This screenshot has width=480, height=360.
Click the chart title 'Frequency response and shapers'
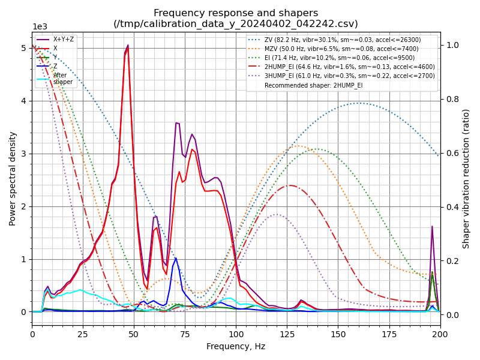pos(236,13)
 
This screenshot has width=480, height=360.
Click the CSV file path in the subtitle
pos(236,24)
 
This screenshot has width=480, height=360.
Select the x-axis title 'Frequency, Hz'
pos(236,346)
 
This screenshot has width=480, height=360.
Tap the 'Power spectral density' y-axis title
pos(13,178)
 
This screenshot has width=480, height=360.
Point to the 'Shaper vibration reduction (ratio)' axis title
pos(466,178)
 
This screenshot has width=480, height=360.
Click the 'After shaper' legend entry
pos(62,79)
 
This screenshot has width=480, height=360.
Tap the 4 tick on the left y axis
pos(25,101)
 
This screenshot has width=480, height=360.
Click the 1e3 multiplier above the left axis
pos(40,27)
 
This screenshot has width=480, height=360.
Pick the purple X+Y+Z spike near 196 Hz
pos(432,227)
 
